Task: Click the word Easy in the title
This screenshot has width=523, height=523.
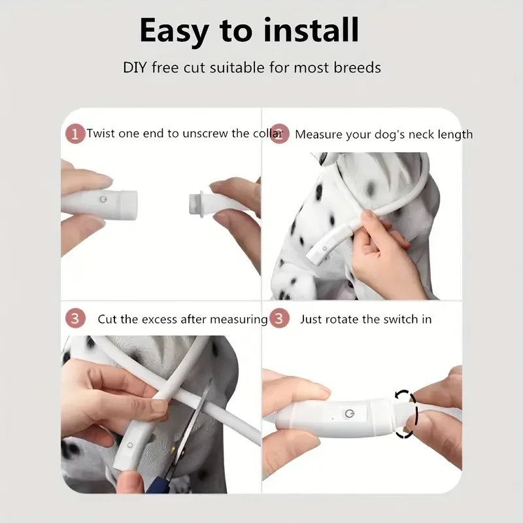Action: point(175,31)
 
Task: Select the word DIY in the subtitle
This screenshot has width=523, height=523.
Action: point(135,68)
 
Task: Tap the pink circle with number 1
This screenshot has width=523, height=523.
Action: point(75,134)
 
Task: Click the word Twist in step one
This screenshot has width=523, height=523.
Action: point(101,133)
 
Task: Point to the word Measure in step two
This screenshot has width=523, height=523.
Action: point(318,135)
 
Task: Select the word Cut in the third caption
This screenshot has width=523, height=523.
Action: point(107,319)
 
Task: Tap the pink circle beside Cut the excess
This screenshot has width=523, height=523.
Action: point(75,318)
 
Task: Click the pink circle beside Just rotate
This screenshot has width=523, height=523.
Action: point(279,318)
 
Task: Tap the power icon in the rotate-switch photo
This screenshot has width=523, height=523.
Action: point(349,414)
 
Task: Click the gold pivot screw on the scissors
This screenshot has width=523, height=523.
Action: point(173,451)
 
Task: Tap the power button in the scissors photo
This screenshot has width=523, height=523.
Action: point(130,445)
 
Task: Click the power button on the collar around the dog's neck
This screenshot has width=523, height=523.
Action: point(324,248)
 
